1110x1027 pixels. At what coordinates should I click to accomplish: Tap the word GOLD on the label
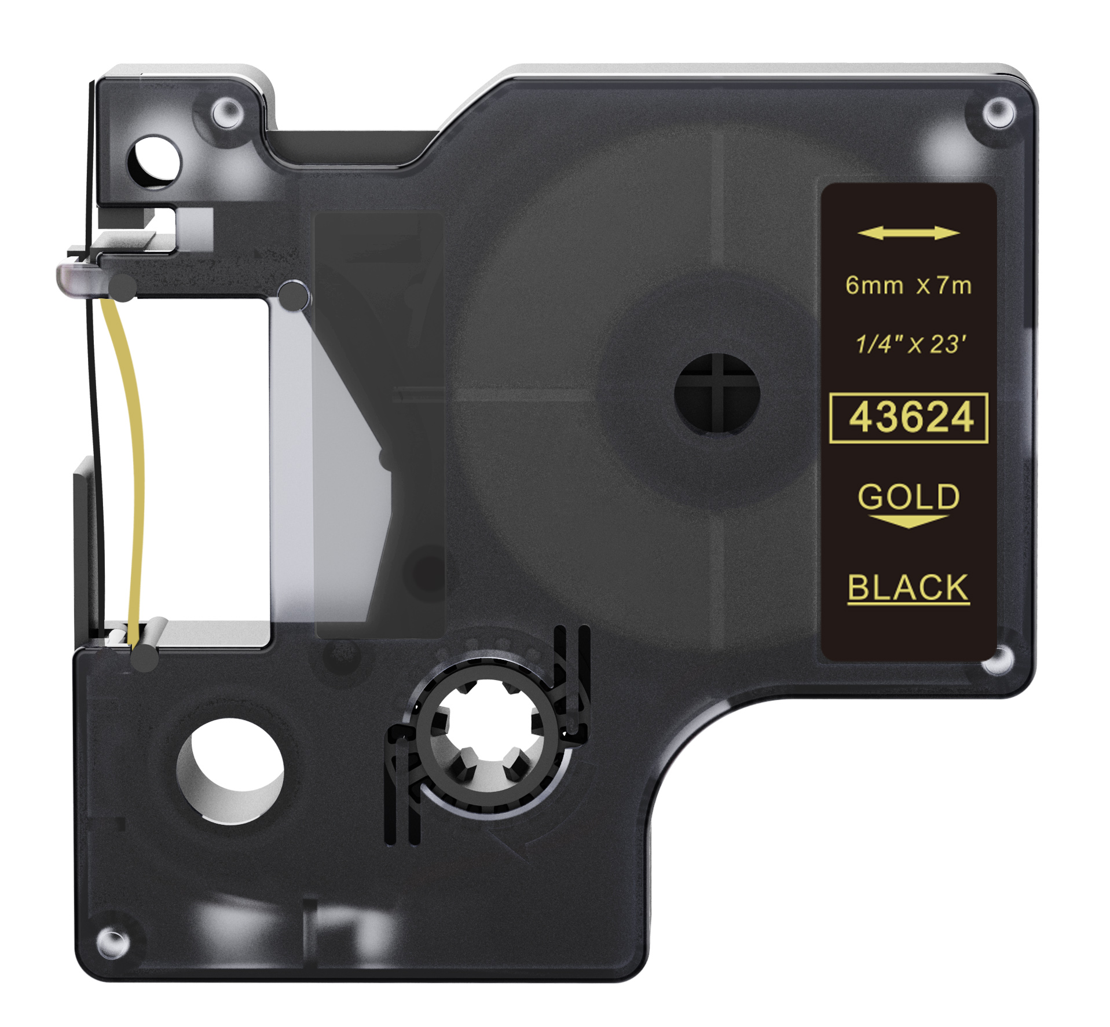pyautogui.click(x=908, y=497)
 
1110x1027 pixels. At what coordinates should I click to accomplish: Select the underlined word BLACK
pyautogui.click(x=908, y=588)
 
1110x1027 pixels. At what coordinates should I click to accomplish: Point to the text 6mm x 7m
pyautogui.click(x=908, y=286)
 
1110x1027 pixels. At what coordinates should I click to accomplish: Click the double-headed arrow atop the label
pyautogui.click(x=908, y=233)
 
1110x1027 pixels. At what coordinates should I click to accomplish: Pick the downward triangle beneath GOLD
pyautogui.click(x=908, y=521)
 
